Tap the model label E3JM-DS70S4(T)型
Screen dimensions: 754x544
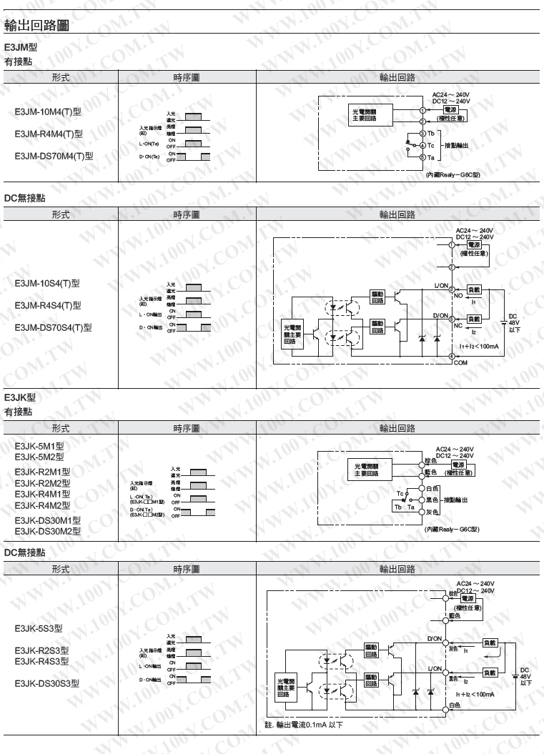(x=54, y=328)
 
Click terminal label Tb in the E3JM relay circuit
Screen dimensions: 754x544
(x=431, y=134)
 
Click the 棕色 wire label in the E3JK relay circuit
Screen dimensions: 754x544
(x=430, y=462)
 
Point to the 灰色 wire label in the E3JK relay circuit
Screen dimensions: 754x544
(x=431, y=512)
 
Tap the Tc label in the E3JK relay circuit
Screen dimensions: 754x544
(x=399, y=493)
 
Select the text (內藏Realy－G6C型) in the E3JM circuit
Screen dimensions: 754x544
(x=452, y=174)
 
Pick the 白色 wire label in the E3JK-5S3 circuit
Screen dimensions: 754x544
(x=455, y=705)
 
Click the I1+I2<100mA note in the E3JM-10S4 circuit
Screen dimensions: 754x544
(x=479, y=346)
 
